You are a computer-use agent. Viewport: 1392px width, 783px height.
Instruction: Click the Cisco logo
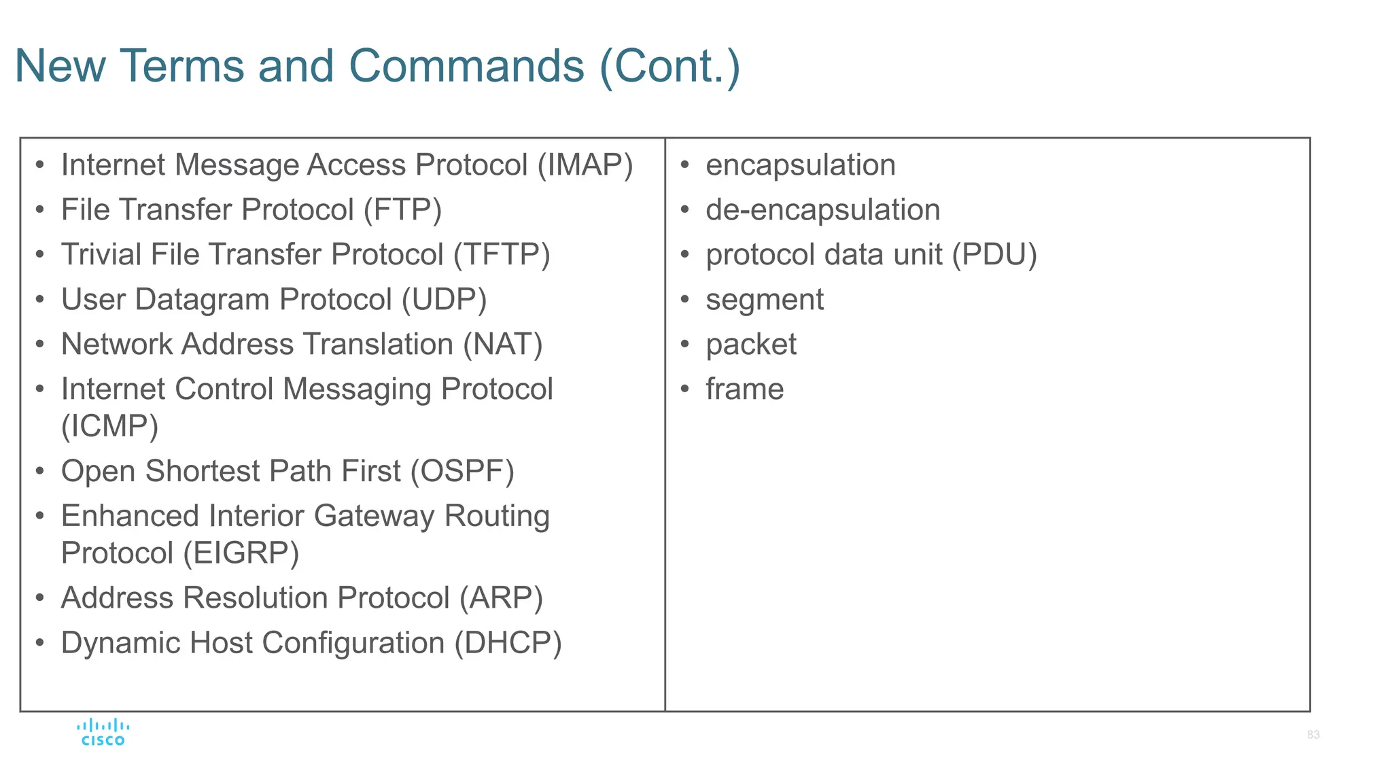click(x=103, y=733)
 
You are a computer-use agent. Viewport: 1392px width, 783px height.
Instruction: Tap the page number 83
click(x=1312, y=735)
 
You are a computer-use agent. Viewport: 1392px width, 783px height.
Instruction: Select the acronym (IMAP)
click(x=585, y=165)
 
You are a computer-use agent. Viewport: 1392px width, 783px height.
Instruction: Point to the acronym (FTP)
click(x=402, y=210)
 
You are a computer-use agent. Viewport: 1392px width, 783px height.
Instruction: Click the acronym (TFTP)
click(x=502, y=255)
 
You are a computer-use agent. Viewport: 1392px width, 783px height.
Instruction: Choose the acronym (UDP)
click(x=444, y=300)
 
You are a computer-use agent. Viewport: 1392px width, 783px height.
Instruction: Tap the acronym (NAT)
click(x=502, y=345)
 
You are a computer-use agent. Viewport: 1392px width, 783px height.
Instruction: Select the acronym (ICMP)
click(x=109, y=426)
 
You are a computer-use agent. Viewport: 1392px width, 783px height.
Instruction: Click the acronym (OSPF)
click(x=462, y=471)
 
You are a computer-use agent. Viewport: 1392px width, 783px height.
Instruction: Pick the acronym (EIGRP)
click(x=241, y=553)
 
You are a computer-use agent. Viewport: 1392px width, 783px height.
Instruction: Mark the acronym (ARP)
click(x=501, y=598)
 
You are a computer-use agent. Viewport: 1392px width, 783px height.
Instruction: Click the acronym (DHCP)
click(x=508, y=643)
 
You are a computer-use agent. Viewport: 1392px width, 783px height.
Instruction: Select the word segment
click(x=765, y=300)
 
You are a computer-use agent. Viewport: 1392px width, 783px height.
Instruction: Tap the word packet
click(x=751, y=345)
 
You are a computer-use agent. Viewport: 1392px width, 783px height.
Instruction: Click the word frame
click(x=745, y=389)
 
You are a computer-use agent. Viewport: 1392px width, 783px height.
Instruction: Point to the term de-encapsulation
click(x=822, y=210)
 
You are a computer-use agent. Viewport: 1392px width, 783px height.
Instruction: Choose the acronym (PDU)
click(x=994, y=255)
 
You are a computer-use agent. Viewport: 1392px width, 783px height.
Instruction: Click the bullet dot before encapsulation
click(x=685, y=165)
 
